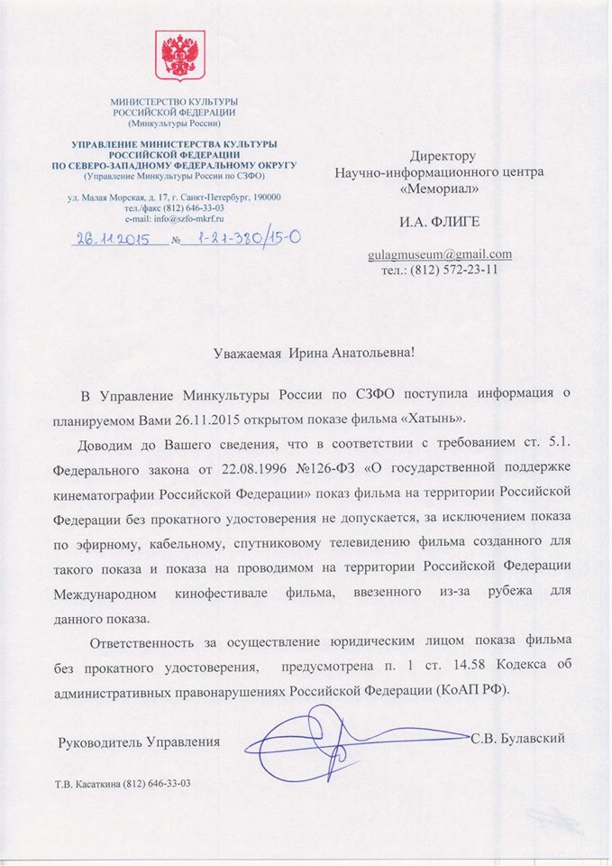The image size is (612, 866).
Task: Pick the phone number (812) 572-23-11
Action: tap(459, 269)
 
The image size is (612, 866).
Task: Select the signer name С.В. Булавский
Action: tap(517, 739)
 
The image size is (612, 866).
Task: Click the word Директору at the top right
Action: tap(442, 156)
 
